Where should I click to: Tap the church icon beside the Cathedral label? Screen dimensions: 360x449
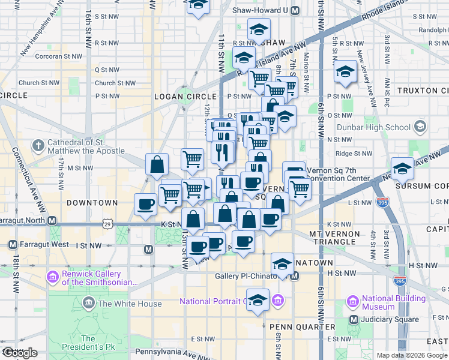pos(38,146)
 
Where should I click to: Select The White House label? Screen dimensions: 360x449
pos(130,304)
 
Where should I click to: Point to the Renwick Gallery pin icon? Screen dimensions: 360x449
pos(52,278)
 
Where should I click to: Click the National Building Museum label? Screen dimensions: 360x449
pos(394,302)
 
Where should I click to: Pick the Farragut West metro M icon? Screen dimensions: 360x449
pos(13,245)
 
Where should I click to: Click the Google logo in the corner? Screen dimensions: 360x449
pos(20,353)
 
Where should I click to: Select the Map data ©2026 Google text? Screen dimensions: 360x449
pos(412,355)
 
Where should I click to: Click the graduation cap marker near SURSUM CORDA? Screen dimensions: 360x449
pos(402,167)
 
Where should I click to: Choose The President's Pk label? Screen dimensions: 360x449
pos(88,343)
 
